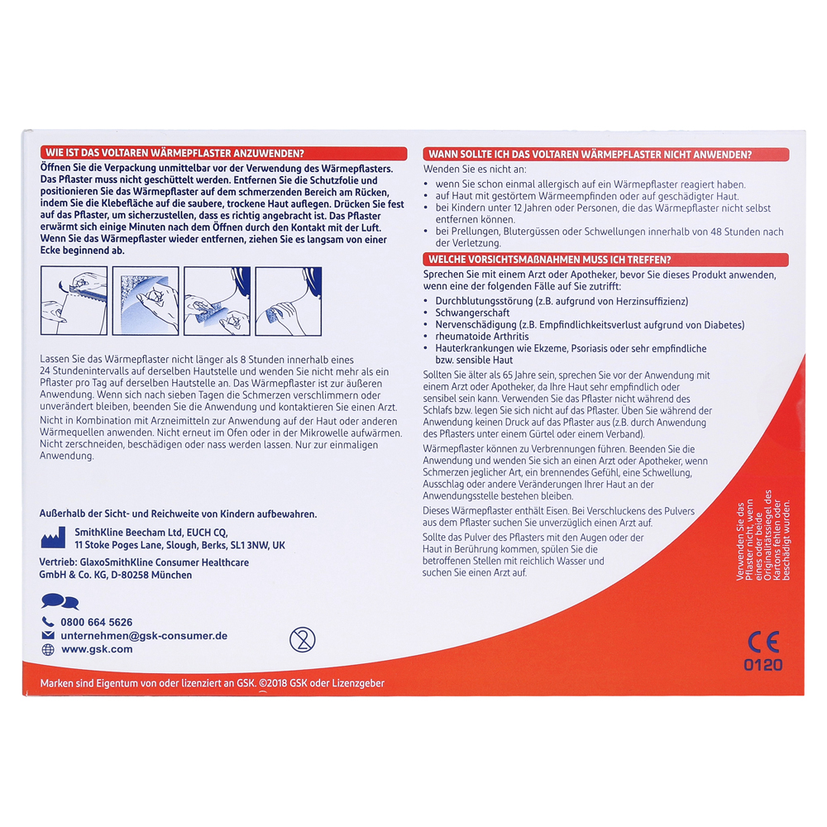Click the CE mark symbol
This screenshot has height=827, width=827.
[x=763, y=642]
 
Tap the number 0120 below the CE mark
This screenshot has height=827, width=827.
[x=763, y=665]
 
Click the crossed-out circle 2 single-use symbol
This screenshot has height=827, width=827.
[x=302, y=639]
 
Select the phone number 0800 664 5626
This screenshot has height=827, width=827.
[x=97, y=623]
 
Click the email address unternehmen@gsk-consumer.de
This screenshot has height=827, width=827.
[x=144, y=635]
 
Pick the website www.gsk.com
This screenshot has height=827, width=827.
[x=97, y=649]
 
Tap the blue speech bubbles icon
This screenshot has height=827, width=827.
[x=60, y=601]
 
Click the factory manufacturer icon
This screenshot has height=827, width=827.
[x=53, y=538]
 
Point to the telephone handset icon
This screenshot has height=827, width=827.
[x=48, y=622]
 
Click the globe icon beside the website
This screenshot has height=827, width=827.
[x=48, y=650]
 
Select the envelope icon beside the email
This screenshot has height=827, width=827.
[x=48, y=635]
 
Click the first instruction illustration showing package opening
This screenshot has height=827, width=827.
[x=74, y=301]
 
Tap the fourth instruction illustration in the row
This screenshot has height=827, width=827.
[x=289, y=301]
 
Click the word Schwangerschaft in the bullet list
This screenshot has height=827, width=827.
[x=472, y=313]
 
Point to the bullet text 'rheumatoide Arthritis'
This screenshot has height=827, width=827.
[x=481, y=337]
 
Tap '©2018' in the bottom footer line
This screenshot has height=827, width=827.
[x=273, y=683]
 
